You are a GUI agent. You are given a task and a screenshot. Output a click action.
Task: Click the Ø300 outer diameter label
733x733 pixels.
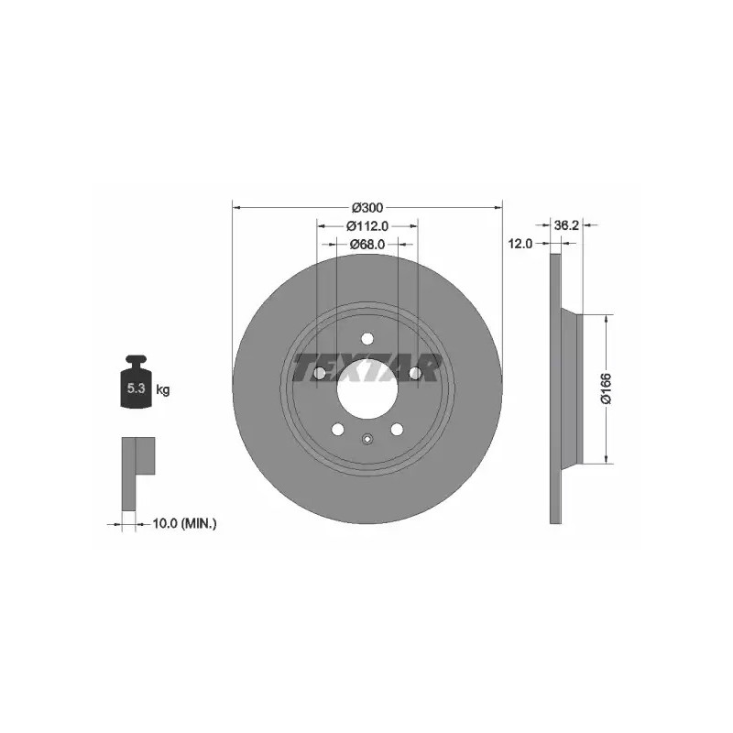(x=367, y=208)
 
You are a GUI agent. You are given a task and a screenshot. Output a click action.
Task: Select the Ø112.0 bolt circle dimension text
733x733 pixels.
(x=367, y=226)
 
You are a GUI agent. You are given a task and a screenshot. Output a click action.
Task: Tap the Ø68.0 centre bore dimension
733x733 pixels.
(x=367, y=244)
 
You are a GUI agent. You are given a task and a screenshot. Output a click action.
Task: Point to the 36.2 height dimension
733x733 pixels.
(x=566, y=225)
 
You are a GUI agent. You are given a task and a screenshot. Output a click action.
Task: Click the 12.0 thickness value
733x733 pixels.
(x=520, y=244)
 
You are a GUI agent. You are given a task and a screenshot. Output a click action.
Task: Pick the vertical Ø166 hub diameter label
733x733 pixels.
(x=606, y=388)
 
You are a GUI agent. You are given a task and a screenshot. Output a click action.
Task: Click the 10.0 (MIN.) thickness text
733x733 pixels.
(x=185, y=523)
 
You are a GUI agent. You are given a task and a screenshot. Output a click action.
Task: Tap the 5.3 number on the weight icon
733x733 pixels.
(x=136, y=388)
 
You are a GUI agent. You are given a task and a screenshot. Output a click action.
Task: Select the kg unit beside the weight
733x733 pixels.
(x=163, y=388)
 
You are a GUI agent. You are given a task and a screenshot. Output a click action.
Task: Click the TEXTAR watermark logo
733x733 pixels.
(x=367, y=367)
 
